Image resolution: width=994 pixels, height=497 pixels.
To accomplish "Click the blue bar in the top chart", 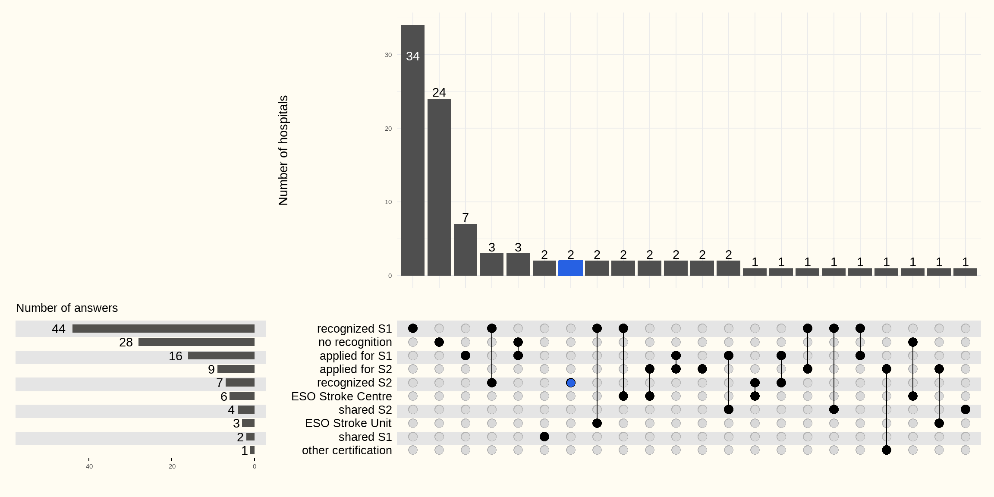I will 570,268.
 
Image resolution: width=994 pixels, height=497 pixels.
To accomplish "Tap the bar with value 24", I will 439,187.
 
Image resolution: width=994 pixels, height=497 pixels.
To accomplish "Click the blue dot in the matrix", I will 571,383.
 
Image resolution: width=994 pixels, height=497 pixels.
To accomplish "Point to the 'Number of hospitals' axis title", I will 283,150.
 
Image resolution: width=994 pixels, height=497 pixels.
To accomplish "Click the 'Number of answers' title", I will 67,308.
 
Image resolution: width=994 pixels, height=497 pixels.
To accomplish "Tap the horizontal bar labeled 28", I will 196,342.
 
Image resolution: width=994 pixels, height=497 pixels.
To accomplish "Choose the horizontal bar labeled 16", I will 221,356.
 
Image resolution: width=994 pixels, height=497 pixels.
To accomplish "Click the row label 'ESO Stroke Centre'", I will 341,396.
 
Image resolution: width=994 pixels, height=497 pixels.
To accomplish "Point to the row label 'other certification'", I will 347,450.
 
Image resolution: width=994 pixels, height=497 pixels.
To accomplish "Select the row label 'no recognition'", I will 355,342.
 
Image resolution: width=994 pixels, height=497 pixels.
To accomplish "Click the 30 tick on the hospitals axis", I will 388,55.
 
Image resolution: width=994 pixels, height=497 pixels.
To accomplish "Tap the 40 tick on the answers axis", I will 89,466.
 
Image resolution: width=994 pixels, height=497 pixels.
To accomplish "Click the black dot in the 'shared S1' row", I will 544,437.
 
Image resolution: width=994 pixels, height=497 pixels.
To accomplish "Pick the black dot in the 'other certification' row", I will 887,450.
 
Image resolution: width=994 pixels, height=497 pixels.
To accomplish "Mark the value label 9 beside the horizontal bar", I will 211,369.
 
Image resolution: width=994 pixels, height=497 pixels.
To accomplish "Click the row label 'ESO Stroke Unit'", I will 348,423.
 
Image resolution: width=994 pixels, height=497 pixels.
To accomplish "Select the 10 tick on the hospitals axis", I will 388,202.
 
